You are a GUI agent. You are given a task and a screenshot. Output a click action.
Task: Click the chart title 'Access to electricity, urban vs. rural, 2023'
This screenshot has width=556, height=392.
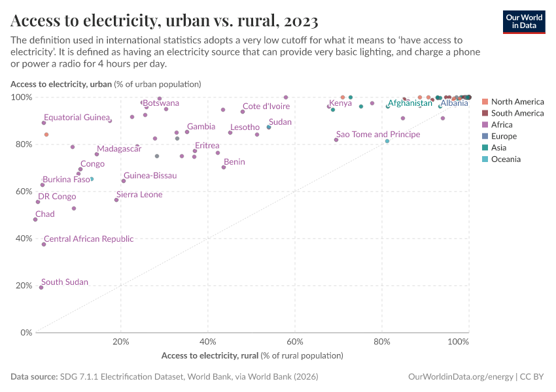tap(165, 21)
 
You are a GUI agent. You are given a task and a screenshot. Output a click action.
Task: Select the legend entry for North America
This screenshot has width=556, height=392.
tap(517, 101)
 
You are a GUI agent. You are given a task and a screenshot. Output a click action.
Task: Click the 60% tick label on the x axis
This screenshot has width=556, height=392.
tap(294, 342)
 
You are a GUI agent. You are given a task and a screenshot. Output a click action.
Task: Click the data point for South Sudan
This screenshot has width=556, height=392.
tap(41, 287)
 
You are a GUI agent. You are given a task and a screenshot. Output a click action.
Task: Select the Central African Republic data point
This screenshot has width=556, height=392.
tap(44, 244)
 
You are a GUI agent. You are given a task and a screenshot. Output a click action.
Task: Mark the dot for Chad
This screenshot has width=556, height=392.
tap(35, 220)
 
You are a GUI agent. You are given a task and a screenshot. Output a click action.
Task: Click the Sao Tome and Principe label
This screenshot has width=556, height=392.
tap(378, 134)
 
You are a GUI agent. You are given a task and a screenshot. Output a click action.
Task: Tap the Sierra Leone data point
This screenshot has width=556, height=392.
tap(116, 200)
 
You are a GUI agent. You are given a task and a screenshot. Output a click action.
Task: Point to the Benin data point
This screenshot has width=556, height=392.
tap(224, 167)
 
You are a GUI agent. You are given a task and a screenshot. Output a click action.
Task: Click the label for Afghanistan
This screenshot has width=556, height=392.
tap(410, 103)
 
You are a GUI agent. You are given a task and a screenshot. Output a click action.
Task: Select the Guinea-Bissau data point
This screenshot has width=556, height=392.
tap(123, 181)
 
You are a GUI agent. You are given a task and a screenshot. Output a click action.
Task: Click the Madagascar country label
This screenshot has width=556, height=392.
tap(119, 149)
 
